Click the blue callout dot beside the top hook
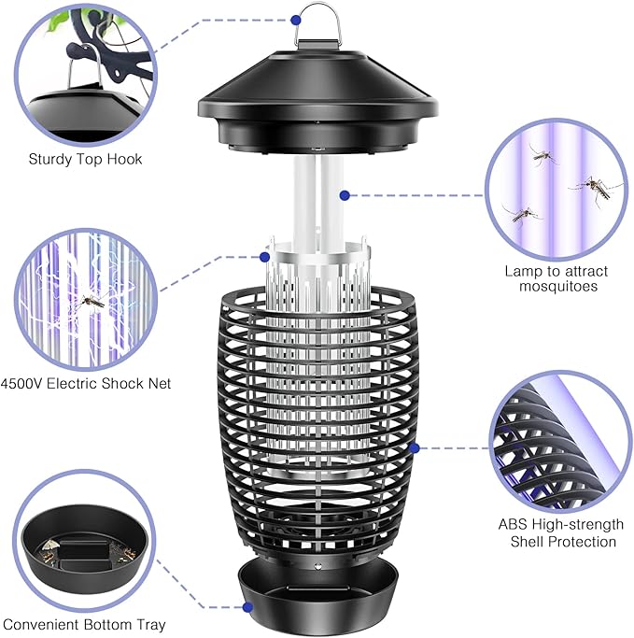pos(297,18)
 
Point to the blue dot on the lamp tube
pos(345,195)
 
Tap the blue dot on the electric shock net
pos(265,256)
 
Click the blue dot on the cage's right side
pos(414,447)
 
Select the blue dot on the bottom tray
pos(247,607)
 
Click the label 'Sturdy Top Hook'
pos(85,159)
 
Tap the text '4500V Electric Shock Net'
pos(86,383)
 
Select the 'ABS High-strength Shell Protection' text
pos(563,532)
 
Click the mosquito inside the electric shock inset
pos(91,301)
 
